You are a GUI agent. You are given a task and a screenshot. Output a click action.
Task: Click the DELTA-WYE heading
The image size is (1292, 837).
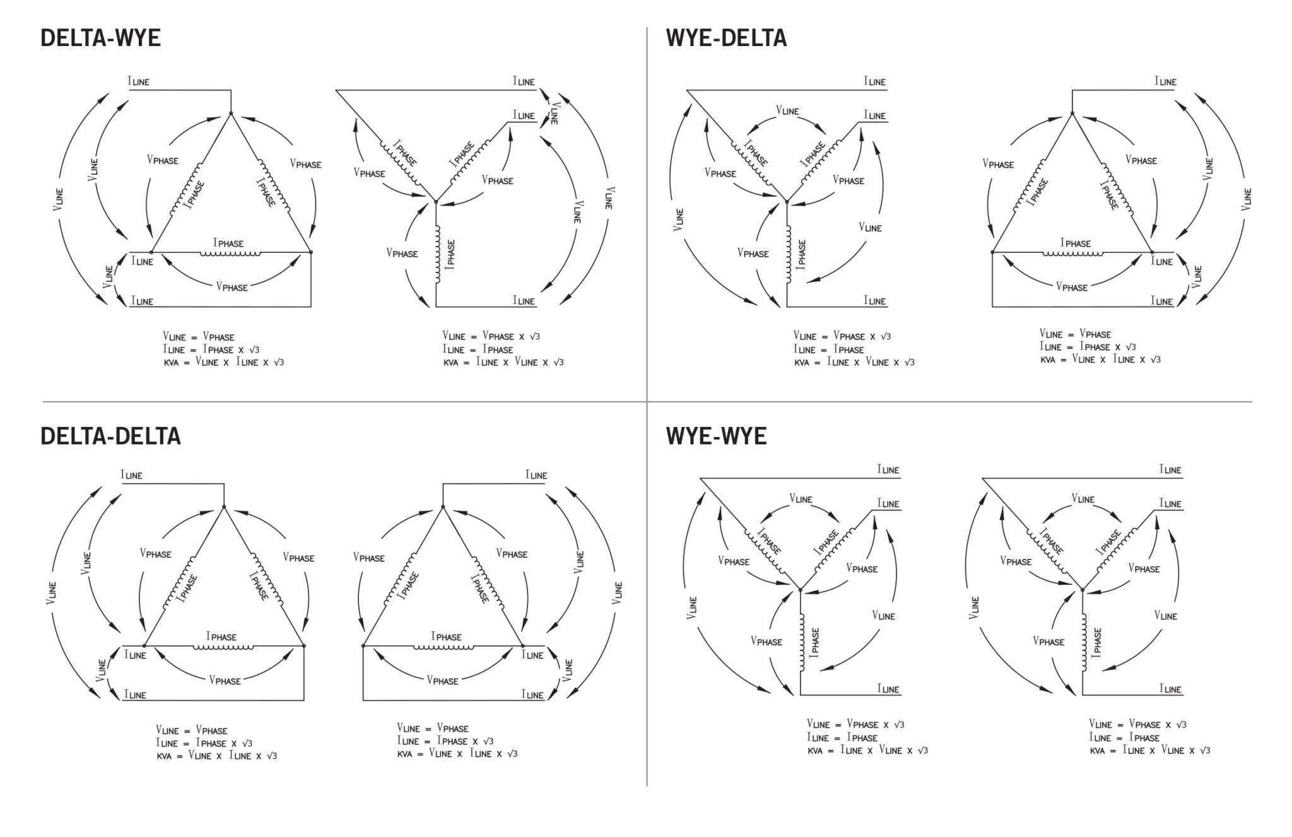100,38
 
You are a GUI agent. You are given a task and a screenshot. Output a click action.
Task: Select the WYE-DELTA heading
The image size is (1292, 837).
726,38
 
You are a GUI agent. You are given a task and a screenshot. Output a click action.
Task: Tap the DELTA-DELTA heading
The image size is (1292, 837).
110,436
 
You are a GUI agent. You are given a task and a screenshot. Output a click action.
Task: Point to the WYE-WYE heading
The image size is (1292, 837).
716,436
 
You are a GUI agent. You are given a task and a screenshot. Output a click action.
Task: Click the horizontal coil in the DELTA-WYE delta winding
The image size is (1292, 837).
230,254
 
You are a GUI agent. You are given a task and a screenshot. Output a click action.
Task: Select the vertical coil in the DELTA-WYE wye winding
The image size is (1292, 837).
436,254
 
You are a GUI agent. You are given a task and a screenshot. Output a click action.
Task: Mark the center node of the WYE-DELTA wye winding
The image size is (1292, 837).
787,201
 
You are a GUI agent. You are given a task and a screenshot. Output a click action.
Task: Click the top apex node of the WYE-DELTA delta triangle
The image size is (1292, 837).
1072,114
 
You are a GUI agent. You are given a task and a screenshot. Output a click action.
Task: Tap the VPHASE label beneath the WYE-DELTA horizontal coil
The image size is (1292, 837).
1072,287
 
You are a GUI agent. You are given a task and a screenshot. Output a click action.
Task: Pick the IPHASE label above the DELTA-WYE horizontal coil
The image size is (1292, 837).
228,243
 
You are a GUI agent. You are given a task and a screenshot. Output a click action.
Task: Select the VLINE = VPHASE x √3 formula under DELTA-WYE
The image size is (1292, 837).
491,336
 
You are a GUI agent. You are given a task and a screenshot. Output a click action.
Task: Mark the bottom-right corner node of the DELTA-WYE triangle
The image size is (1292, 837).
311,252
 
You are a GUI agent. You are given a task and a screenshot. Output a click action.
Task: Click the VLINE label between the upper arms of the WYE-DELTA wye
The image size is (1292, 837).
787,110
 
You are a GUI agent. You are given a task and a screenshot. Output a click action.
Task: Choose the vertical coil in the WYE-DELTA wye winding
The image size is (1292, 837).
787,254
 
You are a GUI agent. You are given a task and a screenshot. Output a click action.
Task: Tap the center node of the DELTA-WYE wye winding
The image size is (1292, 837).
436,201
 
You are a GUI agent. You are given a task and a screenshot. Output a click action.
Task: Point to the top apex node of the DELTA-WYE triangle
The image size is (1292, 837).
231,114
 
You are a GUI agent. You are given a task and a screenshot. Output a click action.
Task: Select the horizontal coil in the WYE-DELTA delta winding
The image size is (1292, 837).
1072,254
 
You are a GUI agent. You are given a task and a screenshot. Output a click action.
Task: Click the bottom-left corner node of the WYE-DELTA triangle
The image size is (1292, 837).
992,252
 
